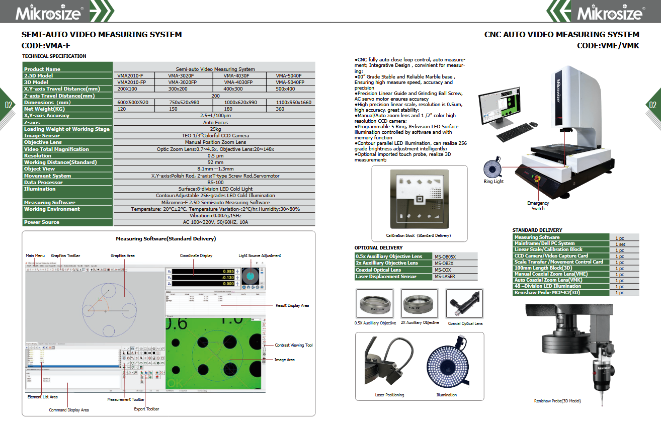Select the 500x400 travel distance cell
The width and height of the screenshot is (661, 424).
click(x=285, y=89)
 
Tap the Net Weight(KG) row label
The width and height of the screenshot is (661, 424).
click(x=44, y=109)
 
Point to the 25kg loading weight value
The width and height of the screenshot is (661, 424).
click(x=215, y=129)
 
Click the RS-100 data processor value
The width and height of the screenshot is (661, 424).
click(x=215, y=182)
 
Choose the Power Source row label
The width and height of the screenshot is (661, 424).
click(x=42, y=222)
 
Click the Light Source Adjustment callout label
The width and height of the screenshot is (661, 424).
click(x=260, y=256)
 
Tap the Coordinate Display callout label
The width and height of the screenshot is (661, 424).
click(x=196, y=256)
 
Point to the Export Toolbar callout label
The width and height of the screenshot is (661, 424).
click(x=146, y=409)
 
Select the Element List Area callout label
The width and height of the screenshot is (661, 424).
click(x=42, y=397)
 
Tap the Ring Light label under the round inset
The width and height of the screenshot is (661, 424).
click(x=493, y=182)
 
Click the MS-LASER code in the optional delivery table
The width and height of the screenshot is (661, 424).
click(x=445, y=277)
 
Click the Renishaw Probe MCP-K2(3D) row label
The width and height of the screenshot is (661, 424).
click(x=546, y=292)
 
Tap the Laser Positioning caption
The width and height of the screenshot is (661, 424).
click(x=389, y=395)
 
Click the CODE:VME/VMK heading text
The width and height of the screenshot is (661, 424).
click(x=608, y=45)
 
